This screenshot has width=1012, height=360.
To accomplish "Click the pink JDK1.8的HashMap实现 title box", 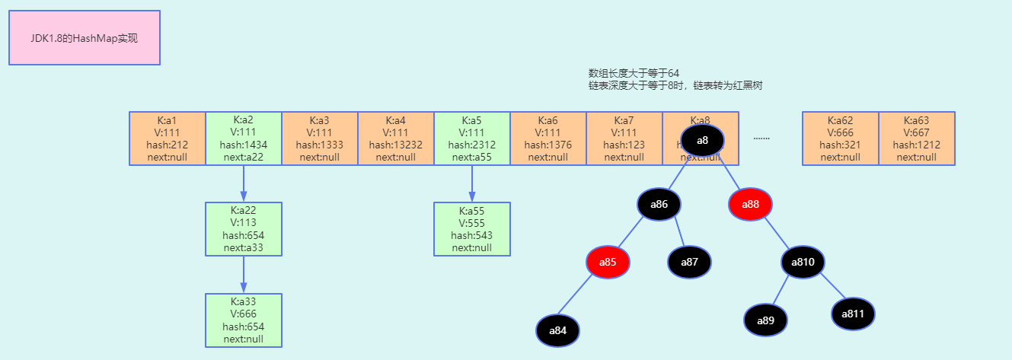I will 84,37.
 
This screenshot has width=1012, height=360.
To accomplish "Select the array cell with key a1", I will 168,139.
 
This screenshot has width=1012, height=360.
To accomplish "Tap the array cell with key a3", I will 320,139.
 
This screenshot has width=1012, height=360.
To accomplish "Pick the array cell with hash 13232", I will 396,139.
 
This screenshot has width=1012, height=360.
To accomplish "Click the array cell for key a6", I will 548,139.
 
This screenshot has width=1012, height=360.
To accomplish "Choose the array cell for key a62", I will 841,139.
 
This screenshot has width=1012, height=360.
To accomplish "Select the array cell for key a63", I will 917,139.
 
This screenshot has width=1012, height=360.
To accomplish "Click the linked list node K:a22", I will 244,229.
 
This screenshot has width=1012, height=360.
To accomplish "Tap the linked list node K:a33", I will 244,320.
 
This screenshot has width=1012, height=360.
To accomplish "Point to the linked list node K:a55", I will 472,229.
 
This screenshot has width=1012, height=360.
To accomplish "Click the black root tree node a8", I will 703,140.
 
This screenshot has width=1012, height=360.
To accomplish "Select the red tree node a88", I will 750,204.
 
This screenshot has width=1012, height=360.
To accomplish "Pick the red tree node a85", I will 608,262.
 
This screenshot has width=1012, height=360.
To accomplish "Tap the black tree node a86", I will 659,204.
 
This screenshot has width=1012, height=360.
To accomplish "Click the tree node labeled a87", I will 689,262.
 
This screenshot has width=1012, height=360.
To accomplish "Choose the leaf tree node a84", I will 557,330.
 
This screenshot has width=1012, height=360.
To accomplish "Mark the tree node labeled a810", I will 803,262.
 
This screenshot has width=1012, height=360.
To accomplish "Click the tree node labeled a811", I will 852,314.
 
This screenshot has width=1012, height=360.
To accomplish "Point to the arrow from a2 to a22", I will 244,183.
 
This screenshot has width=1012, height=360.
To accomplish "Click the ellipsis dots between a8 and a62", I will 761,139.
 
